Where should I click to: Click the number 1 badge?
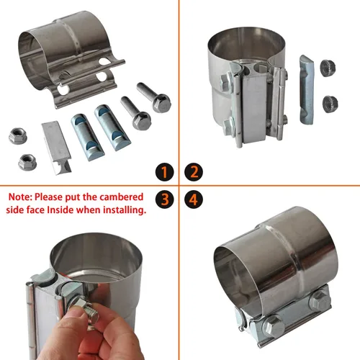coord(164,172)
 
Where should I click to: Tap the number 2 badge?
coord(194,172)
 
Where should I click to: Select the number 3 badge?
coord(164,199)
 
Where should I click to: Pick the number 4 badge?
coord(194,199)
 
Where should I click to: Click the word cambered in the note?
coord(121,197)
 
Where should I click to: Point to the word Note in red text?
coord(20,197)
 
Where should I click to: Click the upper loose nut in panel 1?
coord(18,136)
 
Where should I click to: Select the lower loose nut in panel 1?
coord(27,162)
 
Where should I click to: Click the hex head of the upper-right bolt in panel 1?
coord(161,103)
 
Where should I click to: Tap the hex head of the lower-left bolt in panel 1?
coord(142,121)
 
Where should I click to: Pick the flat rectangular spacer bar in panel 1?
coord(57,147)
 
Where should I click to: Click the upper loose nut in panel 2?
coord(328,68)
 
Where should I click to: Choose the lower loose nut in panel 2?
coord(330,104)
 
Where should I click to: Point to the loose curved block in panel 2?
coord(307,90)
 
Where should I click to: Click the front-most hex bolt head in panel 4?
coord(274,326)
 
